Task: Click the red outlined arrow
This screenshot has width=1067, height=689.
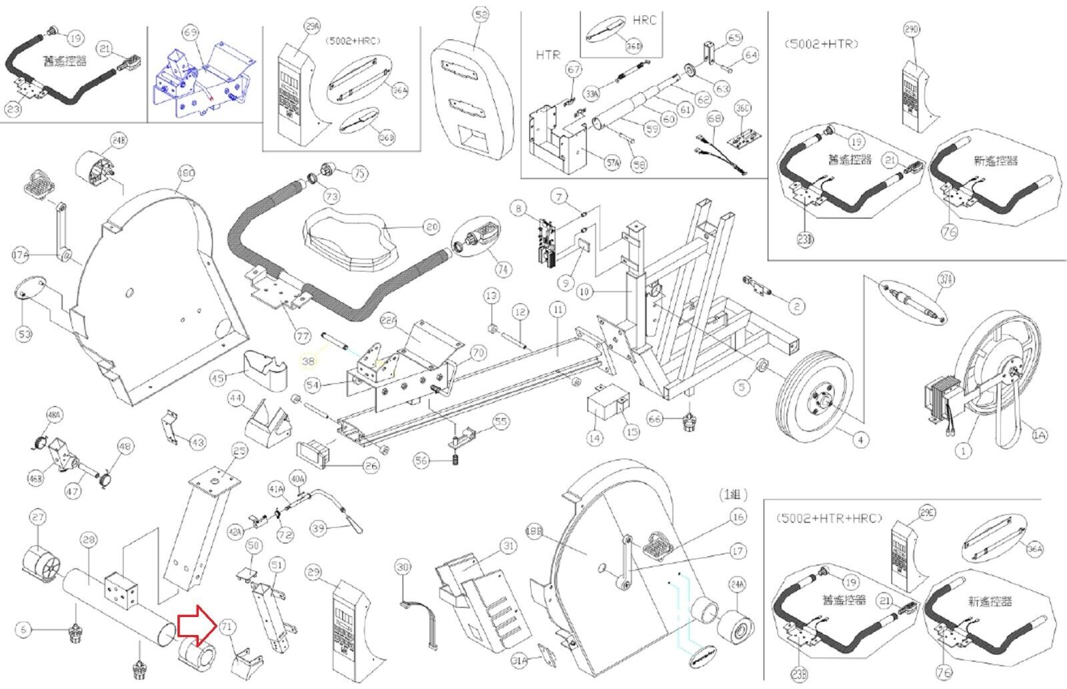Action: point(195,626)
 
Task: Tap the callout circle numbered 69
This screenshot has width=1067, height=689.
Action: point(190,33)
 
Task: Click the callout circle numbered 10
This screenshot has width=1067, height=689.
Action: point(585,292)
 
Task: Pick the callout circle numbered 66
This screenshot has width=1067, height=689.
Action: point(656,418)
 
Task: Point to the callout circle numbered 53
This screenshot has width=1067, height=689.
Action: point(24,334)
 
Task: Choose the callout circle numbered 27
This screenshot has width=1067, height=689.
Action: point(38,518)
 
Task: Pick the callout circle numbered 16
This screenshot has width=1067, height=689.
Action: point(738,517)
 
